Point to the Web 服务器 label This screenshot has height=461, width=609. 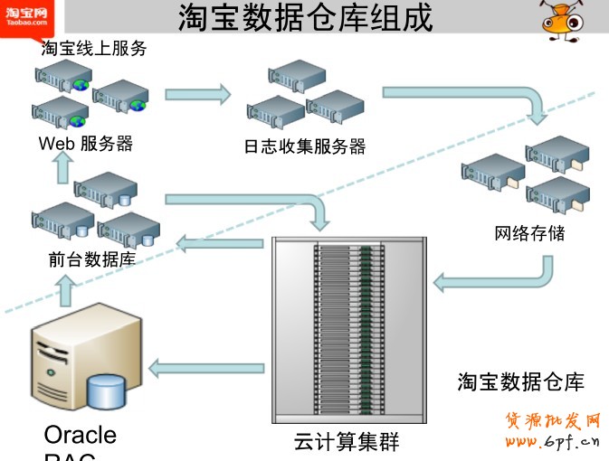point(86,144)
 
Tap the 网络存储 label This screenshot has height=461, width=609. point(530,234)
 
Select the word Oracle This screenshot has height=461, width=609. point(81,435)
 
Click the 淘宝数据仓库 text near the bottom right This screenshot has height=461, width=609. point(520,382)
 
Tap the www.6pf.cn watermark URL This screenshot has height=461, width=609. point(552,442)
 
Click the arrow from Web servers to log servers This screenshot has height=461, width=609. point(198,93)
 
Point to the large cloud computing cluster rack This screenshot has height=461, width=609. point(348,330)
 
